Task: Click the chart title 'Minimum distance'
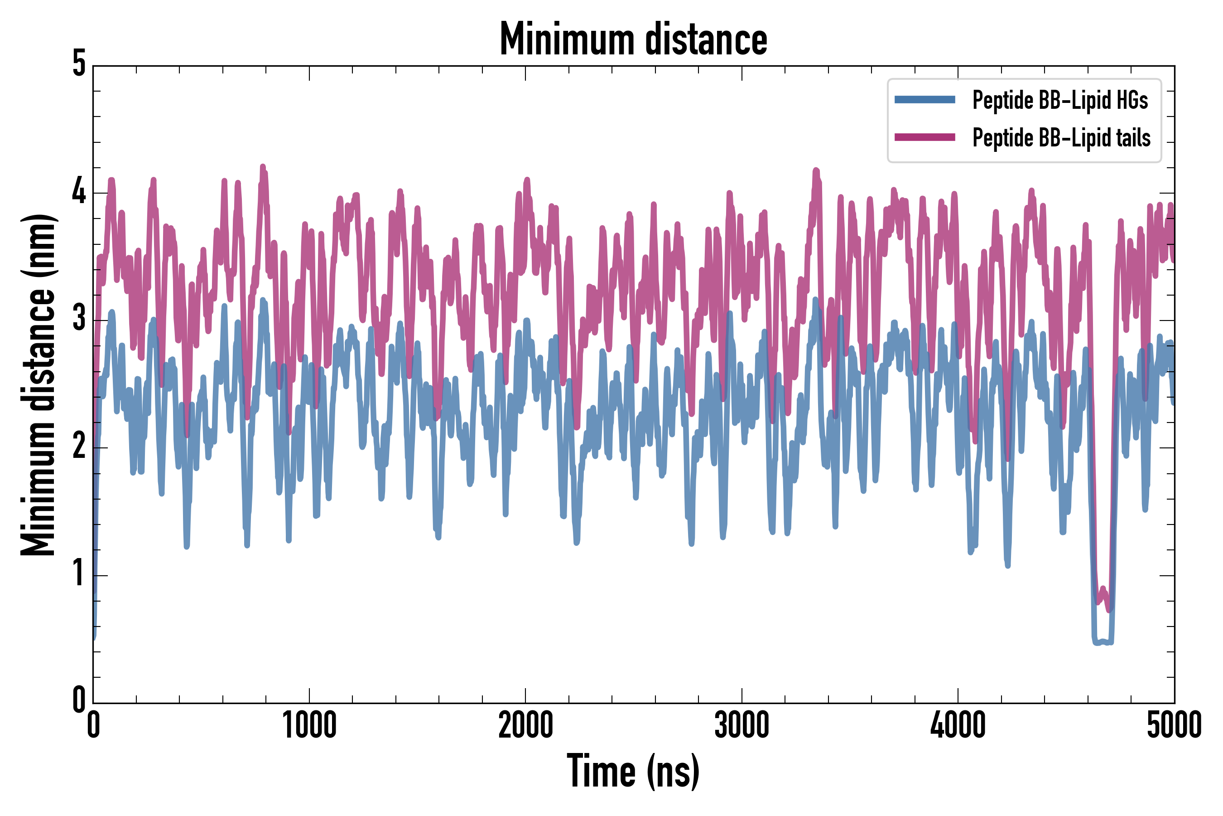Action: point(633,39)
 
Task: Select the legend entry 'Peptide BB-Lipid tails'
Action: point(1061,138)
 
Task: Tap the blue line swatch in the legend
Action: point(924,100)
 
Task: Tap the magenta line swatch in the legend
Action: point(924,137)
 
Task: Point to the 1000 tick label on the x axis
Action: point(309,725)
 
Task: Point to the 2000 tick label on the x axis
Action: point(525,725)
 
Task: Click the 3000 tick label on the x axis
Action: point(742,725)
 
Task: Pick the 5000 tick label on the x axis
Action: point(1174,725)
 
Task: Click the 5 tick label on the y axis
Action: point(79,64)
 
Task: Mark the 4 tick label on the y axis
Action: point(79,192)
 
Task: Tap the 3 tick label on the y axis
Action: point(79,320)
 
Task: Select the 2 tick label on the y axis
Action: point(79,447)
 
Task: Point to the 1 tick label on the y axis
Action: point(79,574)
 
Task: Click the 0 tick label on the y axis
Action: point(79,701)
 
